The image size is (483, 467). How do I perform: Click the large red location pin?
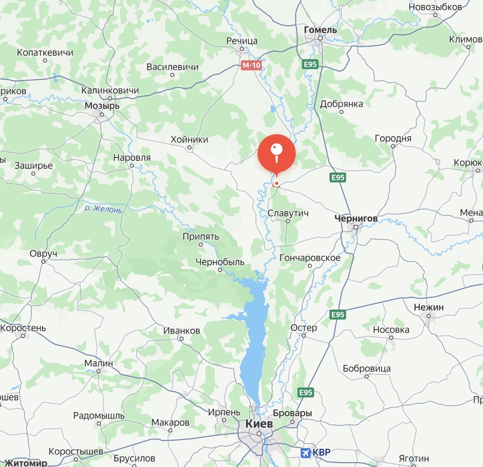(x=276, y=153)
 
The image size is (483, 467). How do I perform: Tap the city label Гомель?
(x=320, y=30)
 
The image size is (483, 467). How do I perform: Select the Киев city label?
(x=259, y=424)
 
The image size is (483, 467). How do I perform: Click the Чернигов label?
(x=356, y=218)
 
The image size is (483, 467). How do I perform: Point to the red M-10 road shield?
(x=251, y=65)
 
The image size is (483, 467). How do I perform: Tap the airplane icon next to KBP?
(x=306, y=452)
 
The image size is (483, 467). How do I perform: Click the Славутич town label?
(x=288, y=213)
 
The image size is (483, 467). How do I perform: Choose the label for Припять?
(x=201, y=237)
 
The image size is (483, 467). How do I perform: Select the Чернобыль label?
(x=220, y=262)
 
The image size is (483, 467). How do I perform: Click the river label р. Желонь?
(x=103, y=208)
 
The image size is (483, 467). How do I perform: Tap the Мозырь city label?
(x=102, y=106)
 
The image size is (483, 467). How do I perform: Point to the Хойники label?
(x=189, y=140)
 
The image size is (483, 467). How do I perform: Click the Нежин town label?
(x=429, y=307)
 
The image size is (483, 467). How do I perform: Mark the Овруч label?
(x=43, y=254)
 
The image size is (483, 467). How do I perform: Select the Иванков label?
(x=181, y=331)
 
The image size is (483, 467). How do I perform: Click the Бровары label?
(x=292, y=413)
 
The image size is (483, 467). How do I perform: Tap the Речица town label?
(x=242, y=41)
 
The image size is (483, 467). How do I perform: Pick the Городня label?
(x=393, y=138)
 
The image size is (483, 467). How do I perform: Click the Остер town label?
(x=304, y=328)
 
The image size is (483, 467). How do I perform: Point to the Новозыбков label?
(x=435, y=7)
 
